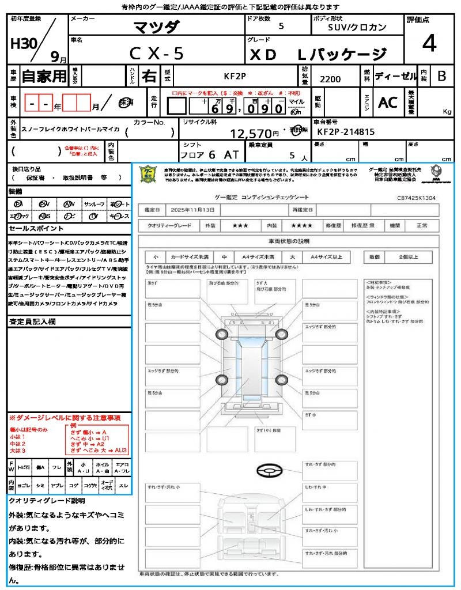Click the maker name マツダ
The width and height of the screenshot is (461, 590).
click(x=157, y=27)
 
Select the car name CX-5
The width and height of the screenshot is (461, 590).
click(x=157, y=54)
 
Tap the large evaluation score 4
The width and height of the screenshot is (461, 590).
click(x=429, y=43)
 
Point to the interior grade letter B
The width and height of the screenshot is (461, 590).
click(x=441, y=76)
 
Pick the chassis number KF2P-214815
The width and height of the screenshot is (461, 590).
click(x=346, y=132)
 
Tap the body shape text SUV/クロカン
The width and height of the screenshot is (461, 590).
click(x=357, y=27)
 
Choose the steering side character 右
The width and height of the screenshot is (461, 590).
click(x=149, y=76)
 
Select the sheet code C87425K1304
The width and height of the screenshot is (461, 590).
click(x=416, y=198)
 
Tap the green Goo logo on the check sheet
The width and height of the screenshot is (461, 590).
click(x=149, y=175)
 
